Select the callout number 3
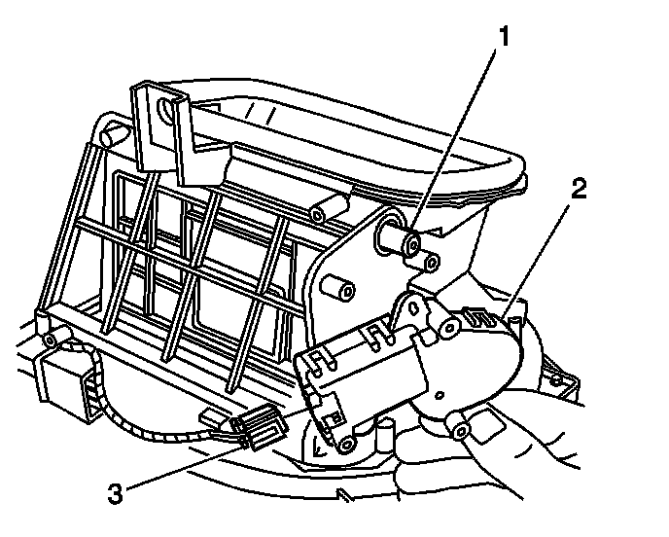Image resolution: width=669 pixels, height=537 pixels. point(117,492)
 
